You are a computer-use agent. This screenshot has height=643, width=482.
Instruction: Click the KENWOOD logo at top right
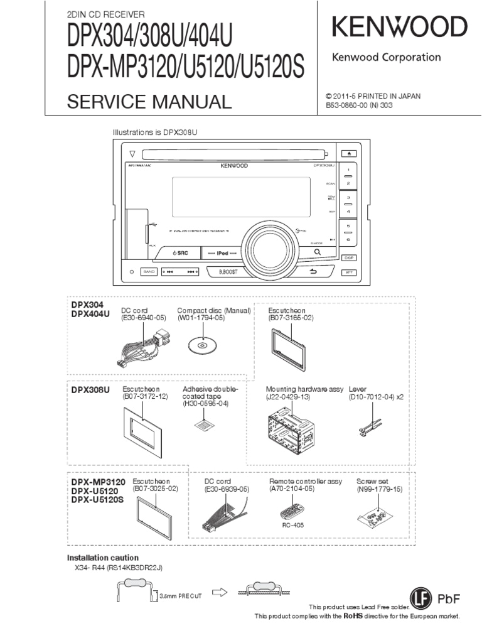399,27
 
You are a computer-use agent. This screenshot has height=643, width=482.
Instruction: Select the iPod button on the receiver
220,252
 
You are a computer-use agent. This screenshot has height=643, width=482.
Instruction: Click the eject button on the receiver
349,153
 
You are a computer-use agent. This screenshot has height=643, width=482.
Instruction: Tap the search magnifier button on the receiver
318,252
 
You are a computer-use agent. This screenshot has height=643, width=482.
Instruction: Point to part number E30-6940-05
143,318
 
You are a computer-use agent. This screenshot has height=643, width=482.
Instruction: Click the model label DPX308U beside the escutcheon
90,390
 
